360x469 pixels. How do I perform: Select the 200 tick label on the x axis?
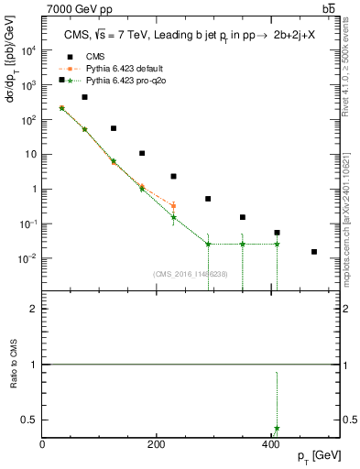pyautogui.click(x=156, y=445)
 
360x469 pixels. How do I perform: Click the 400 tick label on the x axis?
pyautogui.click(x=269, y=445)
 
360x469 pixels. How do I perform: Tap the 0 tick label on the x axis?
pyautogui.click(x=42, y=445)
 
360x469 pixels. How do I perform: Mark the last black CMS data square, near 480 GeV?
pyautogui.click(x=314, y=252)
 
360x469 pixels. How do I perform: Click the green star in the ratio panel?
pyautogui.click(x=277, y=429)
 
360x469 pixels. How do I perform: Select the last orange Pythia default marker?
pyautogui.click(x=173, y=206)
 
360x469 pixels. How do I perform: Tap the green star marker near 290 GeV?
pyautogui.click(x=208, y=245)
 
